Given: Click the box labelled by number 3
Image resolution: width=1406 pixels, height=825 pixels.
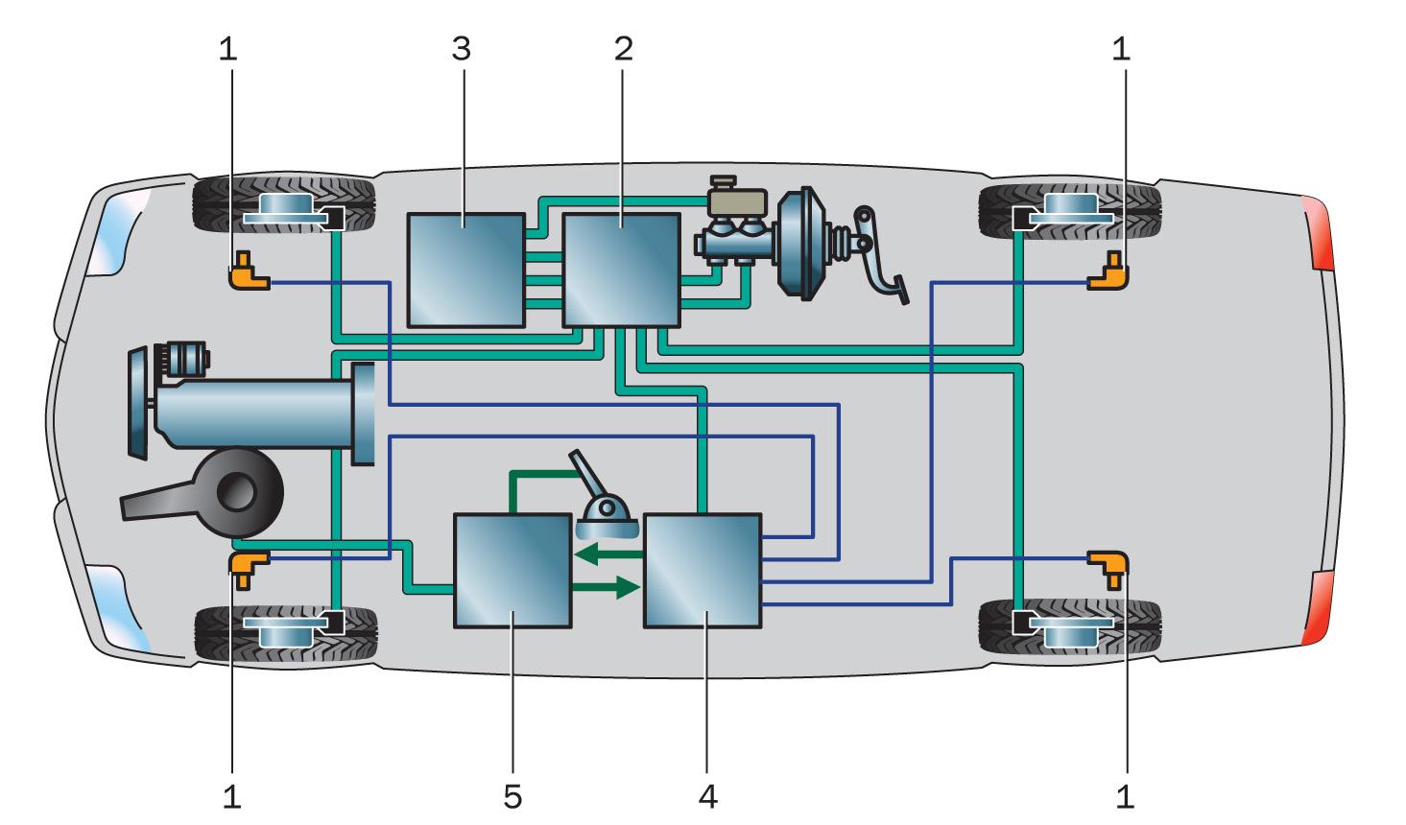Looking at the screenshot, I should pos(465,271).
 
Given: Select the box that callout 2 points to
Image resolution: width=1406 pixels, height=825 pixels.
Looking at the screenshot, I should pos(620,270).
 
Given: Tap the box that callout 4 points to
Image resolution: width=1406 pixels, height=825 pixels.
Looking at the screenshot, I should pos(703,571).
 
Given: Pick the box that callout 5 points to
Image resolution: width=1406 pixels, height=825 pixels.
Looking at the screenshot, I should pos(512,571).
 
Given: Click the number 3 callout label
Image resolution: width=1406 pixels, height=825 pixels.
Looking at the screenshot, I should pos(462,48).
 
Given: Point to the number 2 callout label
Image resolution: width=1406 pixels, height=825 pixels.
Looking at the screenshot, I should pos(624,48).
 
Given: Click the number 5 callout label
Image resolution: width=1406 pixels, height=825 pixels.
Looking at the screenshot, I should pos(512,795).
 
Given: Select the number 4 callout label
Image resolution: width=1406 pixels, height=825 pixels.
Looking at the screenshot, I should pos(708,795).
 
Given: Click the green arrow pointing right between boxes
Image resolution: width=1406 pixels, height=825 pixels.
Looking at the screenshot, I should pos(606,586).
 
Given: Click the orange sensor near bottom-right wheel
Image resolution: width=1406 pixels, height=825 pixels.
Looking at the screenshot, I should pos(1108,566).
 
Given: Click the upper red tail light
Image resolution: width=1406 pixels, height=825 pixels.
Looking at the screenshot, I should pos(1317,232).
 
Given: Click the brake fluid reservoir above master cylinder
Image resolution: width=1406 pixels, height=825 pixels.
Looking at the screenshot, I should pos(737,200).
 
